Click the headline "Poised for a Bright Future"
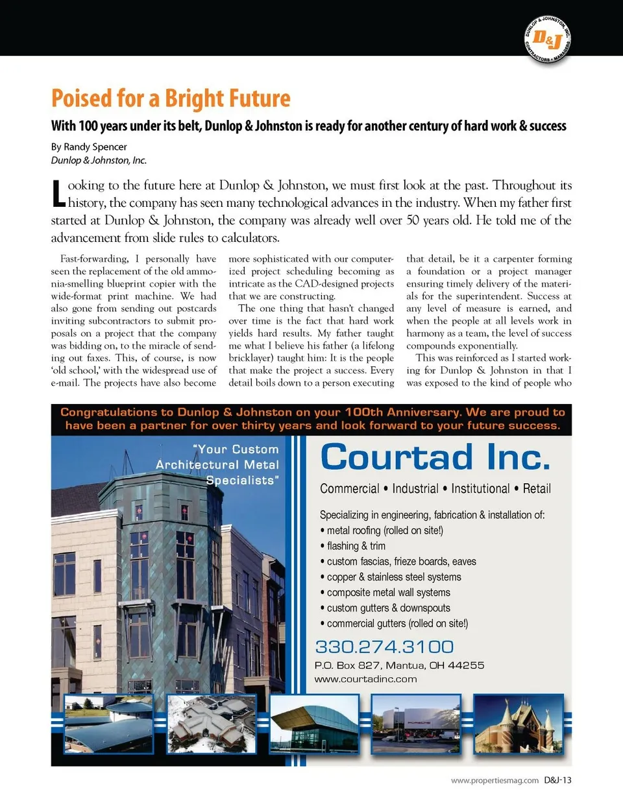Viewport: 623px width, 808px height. click(x=171, y=99)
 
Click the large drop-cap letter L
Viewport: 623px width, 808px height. click(x=58, y=193)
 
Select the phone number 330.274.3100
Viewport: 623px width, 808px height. click(x=384, y=647)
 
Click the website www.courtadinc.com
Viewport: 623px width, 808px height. click(x=365, y=679)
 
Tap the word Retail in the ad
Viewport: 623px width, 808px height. click(x=537, y=488)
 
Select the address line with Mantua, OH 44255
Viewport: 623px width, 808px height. click(x=399, y=665)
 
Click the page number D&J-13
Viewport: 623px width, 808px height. click(x=558, y=780)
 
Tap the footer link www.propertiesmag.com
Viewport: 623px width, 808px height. click(x=495, y=781)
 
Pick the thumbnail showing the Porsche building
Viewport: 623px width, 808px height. click(x=416, y=724)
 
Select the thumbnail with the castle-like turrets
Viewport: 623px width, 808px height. click(x=519, y=724)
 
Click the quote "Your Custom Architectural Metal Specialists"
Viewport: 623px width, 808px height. click(x=217, y=464)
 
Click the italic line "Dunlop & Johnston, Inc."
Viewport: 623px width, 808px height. click(x=99, y=160)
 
